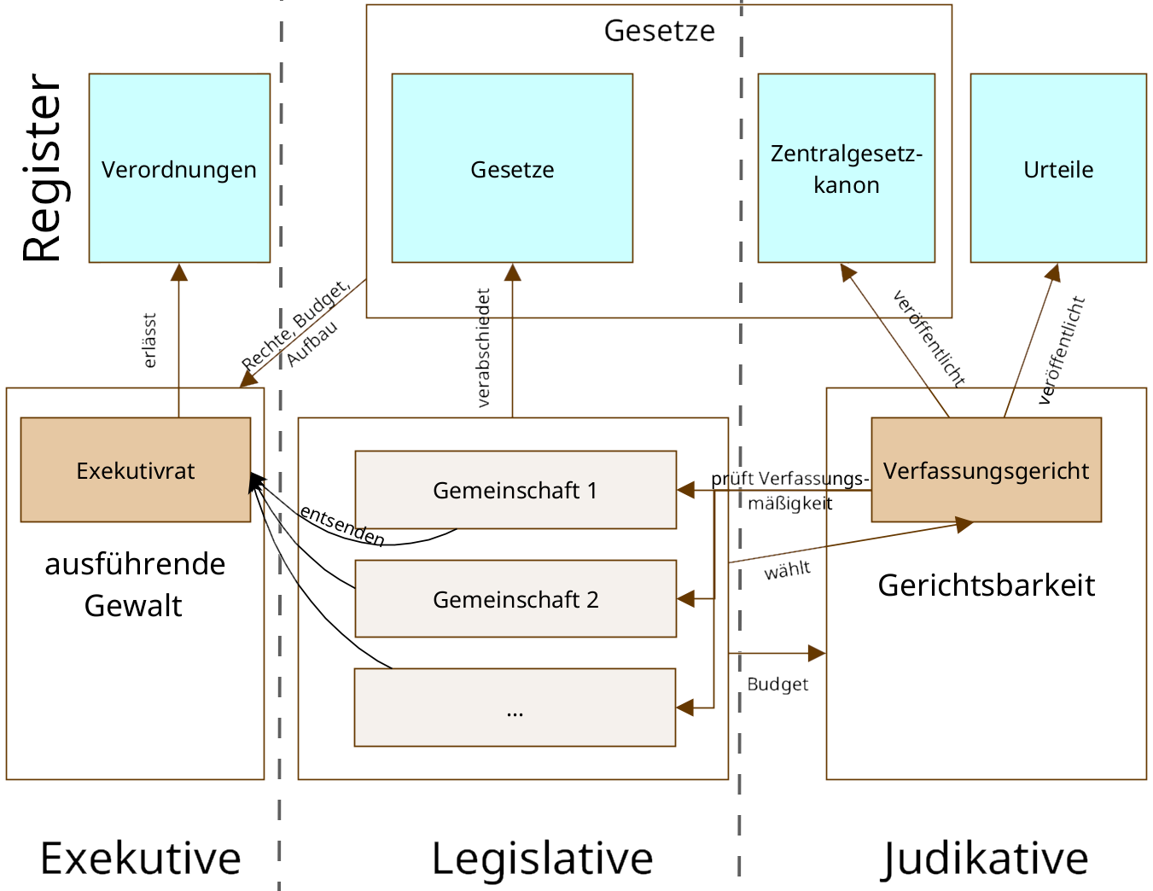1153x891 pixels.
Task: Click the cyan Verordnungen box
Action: [179, 168]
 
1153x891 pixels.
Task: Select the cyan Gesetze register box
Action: [512, 168]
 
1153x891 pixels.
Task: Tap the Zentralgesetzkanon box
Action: [846, 168]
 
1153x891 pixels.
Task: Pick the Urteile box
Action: [1058, 168]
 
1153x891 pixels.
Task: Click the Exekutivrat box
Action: [136, 469]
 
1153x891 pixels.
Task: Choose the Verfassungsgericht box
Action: [986, 469]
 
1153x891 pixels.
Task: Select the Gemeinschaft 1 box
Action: [515, 490]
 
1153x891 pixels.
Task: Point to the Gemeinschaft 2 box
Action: [515, 599]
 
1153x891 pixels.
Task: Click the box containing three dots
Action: [515, 708]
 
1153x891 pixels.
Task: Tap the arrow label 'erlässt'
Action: [150, 341]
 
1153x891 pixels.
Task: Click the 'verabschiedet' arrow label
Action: [484, 347]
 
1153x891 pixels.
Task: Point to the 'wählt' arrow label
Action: [787, 570]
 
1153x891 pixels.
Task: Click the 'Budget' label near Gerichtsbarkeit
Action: [777, 684]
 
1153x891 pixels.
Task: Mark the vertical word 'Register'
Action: [43, 168]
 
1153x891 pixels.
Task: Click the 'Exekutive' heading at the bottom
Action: [141, 858]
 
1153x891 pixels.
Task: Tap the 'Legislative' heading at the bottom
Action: [542, 858]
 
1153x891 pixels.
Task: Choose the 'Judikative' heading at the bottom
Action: [986, 858]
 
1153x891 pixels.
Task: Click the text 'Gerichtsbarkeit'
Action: [986, 585]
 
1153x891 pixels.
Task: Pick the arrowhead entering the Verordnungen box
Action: [179, 272]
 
